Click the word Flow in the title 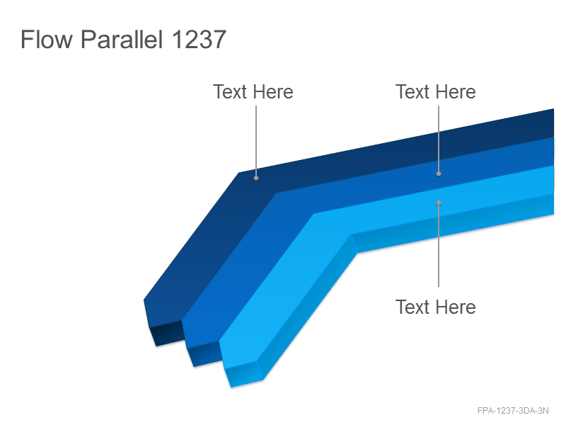[46, 39]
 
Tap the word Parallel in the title [122, 40]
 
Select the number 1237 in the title [199, 39]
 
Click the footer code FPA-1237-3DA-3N [513, 411]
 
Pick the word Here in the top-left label [273, 92]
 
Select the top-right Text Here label [436, 92]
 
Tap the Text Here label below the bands [436, 307]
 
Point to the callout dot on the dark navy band [256, 178]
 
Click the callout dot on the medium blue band [439, 174]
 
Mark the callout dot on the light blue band [439, 203]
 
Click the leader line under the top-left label [256, 140]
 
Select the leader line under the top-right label [439, 138]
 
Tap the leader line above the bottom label [439, 246]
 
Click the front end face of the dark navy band [167, 333]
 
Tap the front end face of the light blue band [243, 374]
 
